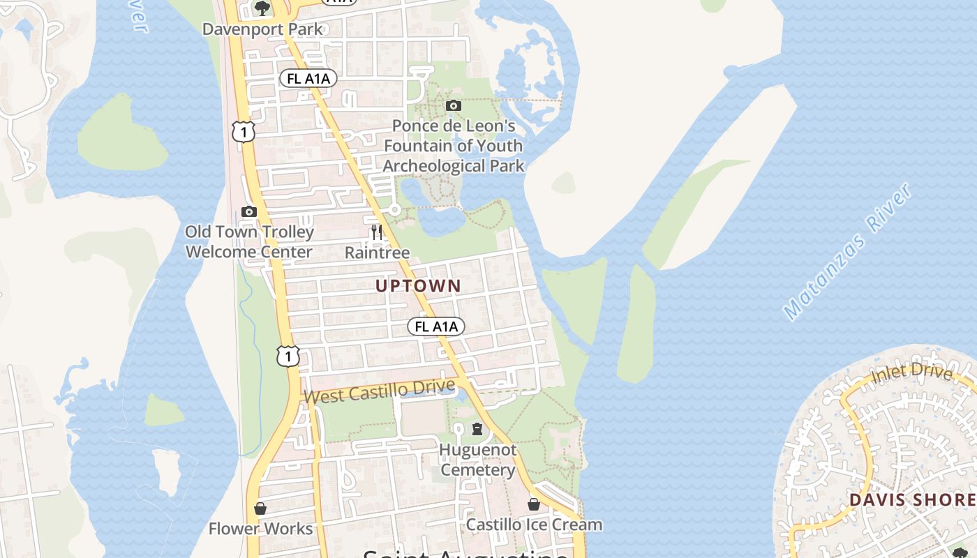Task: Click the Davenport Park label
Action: tap(262, 29)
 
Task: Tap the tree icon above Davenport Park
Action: tap(262, 8)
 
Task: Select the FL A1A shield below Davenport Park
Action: tap(308, 78)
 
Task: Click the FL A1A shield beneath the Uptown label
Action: tap(435, 326)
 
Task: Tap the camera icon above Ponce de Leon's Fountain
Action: tap(454, 106)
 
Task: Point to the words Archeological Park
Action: tap(454, 166)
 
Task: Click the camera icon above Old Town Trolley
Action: tap(248, 211)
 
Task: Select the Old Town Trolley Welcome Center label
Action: tap(249, 241)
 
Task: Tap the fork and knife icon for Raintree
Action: tap(377, 232)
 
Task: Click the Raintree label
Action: tap(377, 252)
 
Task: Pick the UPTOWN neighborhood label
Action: tap(418, 286)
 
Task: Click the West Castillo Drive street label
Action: tap(380, 391)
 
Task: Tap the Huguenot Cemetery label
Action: tap(478, 460)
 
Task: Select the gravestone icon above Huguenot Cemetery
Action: tap(477, 429)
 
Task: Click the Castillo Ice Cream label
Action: tap(534, 525)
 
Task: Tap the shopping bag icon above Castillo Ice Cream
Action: tap(534, 504)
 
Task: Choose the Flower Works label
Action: tap(260, 529)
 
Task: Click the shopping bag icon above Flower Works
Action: tap(260, 508)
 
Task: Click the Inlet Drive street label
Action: tap(911, 375)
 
